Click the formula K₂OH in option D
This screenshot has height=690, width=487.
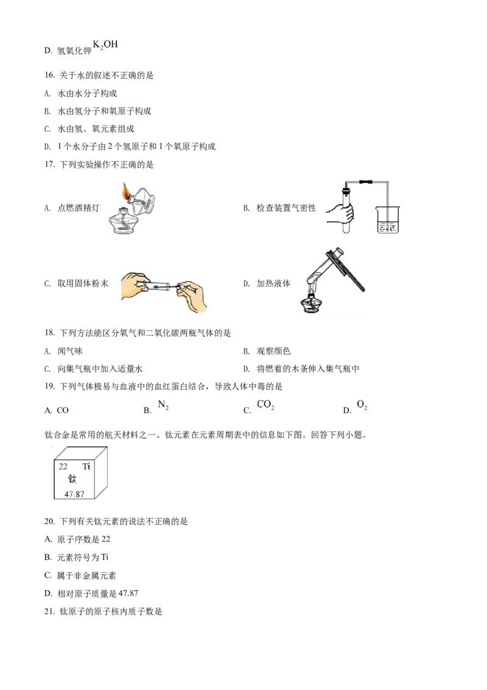[105, 44]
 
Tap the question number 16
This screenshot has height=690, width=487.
[49, 75]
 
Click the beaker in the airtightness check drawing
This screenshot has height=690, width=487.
[387, 219]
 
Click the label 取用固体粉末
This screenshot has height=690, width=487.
[83, 284]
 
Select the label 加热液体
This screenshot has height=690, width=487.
[273, 284]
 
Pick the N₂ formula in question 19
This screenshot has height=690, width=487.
[163, 405]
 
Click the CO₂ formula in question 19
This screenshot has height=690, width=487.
[265, 405]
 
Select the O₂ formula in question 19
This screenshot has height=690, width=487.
[362, 405]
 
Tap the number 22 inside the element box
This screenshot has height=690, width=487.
[63, 466]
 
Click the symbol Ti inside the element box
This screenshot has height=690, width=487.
[86, 466]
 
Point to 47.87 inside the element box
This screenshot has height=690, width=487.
[74, 494]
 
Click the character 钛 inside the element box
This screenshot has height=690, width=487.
[72, 479]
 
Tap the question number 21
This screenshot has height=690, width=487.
[49, 611]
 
